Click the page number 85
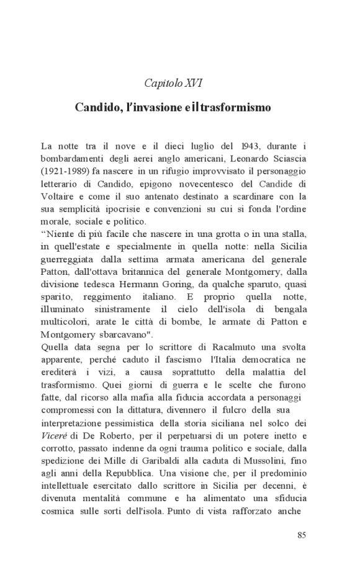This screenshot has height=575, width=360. (302, 536)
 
